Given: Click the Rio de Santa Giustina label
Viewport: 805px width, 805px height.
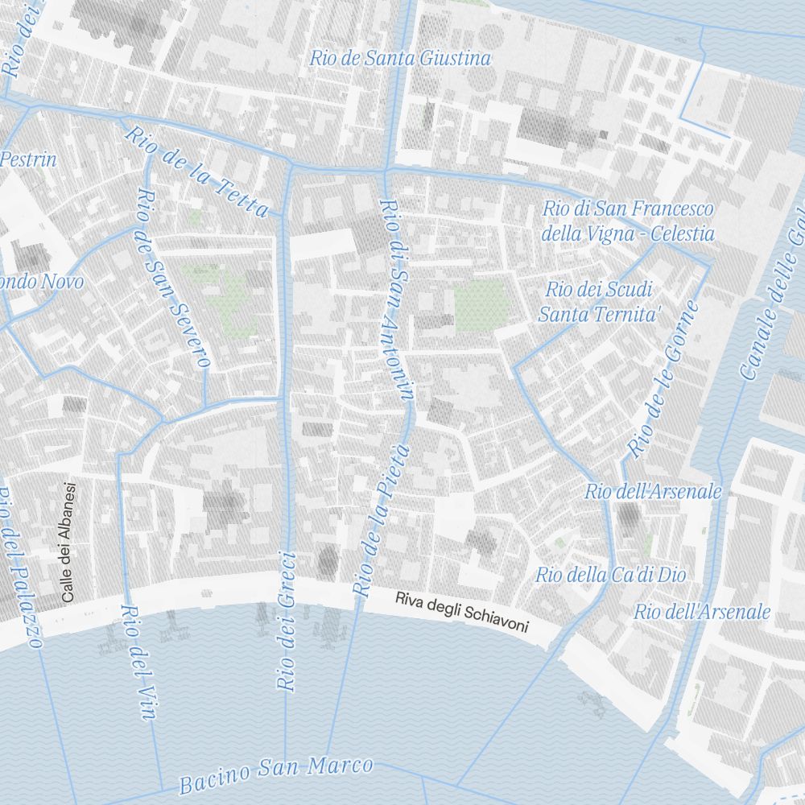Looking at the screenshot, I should [x=400, y=58].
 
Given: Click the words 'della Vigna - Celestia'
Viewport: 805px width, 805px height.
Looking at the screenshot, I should [x=628, y=234].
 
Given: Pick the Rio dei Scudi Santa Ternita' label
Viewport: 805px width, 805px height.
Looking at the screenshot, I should [x=599, y=302].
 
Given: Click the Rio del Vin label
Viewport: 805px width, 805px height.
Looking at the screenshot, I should [x=136, y=660].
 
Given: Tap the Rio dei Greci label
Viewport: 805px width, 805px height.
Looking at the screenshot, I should [x=287, y=620].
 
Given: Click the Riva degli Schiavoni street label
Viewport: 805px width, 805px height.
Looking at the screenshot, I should [x=461, y=611].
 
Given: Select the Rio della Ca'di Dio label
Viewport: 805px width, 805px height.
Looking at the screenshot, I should [x=610, y=575].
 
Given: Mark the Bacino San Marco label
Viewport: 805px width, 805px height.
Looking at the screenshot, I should [x=275, y=774].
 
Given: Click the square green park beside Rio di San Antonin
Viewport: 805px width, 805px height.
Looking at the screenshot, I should [x=481, y=305].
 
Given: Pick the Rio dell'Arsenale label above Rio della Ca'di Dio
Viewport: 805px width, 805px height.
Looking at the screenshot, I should [x=653, y=491].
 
